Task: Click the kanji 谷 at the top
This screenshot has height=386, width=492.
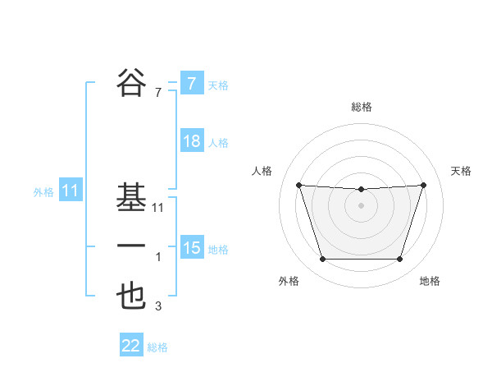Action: (131, 82)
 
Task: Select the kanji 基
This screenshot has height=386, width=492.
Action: (131, 198)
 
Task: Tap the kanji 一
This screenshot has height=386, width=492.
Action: (131, 247)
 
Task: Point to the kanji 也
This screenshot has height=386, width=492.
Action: (131, 296)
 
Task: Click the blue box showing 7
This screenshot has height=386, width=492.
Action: (191, 83)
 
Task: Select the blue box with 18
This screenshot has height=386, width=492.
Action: (191, 141)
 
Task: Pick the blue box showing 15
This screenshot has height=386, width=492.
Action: (191, 247)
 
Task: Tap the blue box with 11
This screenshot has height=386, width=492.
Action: (70, 191)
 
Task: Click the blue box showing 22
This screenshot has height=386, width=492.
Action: (131, 346)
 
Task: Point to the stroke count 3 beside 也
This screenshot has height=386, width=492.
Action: (158, 307)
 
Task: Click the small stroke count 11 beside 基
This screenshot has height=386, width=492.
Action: (158, 208)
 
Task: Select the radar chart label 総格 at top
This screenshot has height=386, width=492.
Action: (361, 108)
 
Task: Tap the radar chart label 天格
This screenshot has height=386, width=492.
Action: (461, 171)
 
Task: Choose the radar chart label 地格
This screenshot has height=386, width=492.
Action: (430, 281)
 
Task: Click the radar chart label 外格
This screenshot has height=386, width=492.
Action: (289, 281)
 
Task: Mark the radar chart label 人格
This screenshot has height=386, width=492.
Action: (262, 171)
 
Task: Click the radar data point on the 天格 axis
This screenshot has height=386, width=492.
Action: (423, 185)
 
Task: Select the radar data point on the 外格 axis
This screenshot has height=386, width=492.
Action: (322, 260)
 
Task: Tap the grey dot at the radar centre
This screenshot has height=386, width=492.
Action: (361, 205)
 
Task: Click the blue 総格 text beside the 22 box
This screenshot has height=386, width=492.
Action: (157, 347)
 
